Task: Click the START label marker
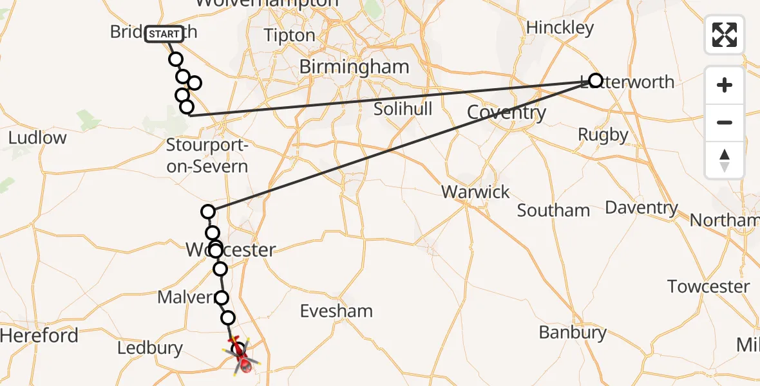[x=164, y=33]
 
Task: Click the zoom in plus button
[x=725, y=85]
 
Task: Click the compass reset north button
[x=725, y=160]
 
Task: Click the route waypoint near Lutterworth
[x=595, y=80]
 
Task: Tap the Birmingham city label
[x=354, y=67]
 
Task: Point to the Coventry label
[x=506, y=113]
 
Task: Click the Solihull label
[x=403, y=109]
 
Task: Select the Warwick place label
[x=476, y=192]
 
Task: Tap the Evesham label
[x=336, y=311]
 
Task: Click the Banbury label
[x=573, y=333]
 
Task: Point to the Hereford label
[x=39, y=335]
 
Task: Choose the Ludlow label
[x=37, y=138]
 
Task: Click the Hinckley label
[x=560, y=28]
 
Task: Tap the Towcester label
[x=708, y=286]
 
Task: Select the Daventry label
[x=641, y=208]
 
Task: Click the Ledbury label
[x=150, y=349]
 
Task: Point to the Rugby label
[x=603, y=134]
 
